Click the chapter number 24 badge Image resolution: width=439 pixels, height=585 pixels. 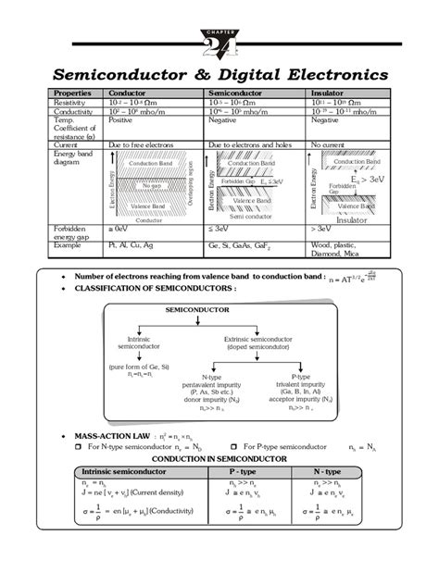pos(219,42)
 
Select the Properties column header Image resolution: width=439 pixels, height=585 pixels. pos(71,93)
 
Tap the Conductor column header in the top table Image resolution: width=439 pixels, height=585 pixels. pos(128,93)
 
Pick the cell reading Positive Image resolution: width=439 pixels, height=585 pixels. pos(121,120)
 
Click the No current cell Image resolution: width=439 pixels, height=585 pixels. pos(328,145)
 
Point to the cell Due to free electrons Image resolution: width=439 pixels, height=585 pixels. pos(144,145)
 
